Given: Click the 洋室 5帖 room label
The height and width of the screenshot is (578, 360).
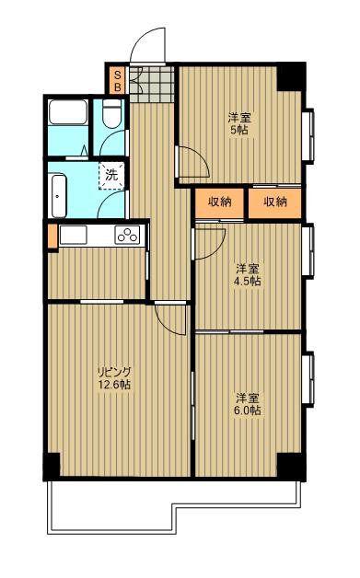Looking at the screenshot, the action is [x=239, y=124].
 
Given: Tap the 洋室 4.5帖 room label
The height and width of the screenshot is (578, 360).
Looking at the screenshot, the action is [x=247, y=274].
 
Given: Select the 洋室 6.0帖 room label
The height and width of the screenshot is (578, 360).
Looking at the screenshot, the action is [x=248, y=404].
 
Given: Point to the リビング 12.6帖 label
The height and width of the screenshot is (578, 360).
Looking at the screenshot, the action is [x=114, y=377].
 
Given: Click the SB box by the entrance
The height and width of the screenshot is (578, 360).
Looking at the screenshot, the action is [x=118, y=81].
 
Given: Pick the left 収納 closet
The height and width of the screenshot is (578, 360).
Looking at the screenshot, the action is [x=219, y=202].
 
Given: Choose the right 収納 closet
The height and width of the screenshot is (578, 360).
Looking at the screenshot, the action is [x=274, y=202].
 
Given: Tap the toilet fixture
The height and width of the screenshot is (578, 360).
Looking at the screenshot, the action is [x=112, y=113].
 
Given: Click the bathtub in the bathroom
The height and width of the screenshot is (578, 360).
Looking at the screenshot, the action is [x=68, y=112].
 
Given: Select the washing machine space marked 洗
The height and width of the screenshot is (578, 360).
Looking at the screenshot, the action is [x=111, y=176].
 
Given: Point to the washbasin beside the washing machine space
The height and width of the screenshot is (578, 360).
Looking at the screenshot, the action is [x=59, y=196].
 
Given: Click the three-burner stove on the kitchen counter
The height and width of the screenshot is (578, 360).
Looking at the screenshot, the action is [x=127, y=235].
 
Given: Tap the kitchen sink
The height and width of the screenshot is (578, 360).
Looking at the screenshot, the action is [x=73, y=235].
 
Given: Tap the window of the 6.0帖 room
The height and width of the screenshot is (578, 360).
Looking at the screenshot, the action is [x=308, y=379].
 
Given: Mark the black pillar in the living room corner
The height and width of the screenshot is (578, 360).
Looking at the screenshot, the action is [x=52, y=466].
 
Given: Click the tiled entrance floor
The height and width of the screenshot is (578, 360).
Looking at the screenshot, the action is [x=151, y=84].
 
